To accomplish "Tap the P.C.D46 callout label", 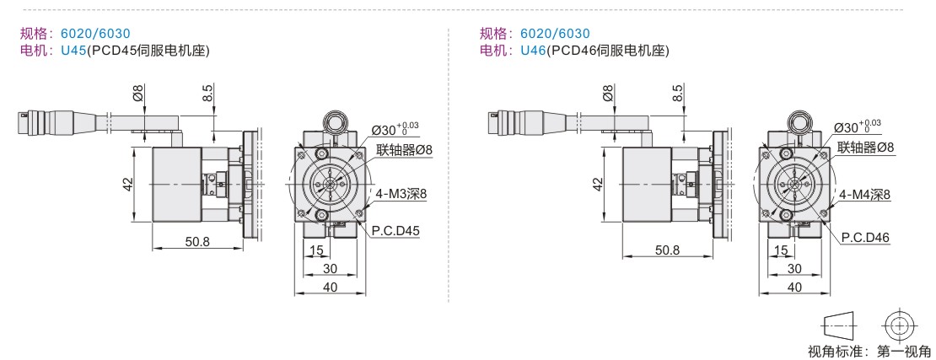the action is pos(865,238).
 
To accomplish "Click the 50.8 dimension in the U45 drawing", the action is pos(197,242).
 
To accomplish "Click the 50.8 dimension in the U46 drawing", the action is pos(667,250).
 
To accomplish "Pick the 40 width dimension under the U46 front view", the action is pos(794,287).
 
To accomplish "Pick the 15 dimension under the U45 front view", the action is pos(316,250).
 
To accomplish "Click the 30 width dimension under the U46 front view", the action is pos(794,269).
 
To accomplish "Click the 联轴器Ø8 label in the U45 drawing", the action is pos(404,149).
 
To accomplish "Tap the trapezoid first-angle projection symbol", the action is pos(840,325).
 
